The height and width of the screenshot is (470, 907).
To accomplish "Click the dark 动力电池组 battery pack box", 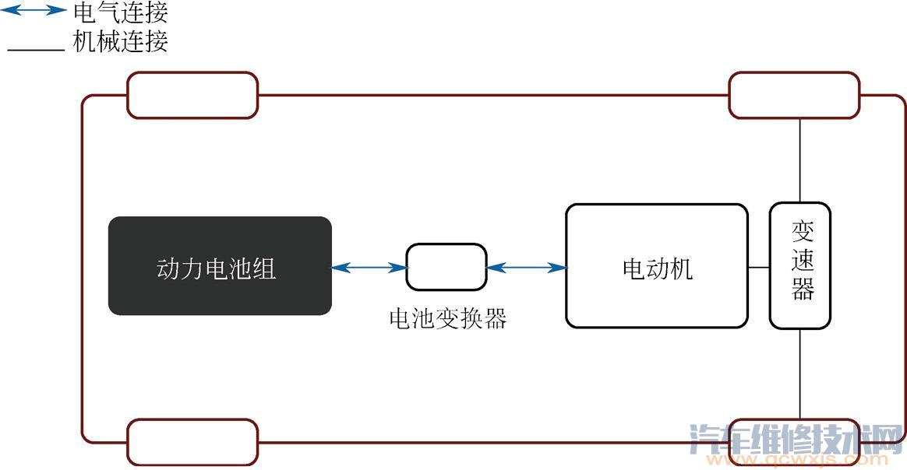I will click(x=220, y=265).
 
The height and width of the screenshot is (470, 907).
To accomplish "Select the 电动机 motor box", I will click(x=656, y=266).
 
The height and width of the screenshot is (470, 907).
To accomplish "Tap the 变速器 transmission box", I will click(x=800, y=265).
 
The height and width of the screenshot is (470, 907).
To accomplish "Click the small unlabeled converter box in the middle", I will click(x=446, y=267).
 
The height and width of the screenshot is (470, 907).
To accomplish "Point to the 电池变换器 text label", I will click(x=447, y=319).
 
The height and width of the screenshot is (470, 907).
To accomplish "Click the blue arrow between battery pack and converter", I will click(x=369, y=268).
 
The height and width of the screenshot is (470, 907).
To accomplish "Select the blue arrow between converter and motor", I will click(x=527, y=268).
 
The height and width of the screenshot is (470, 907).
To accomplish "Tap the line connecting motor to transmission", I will click(x=759, y=267).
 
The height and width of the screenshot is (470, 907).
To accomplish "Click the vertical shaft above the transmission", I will click(x=800, y=160).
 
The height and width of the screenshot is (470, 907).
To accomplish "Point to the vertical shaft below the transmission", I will click(x=800, y=374).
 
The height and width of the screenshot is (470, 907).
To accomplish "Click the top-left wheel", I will click(x=192, y=95).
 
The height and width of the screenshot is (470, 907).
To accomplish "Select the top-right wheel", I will click(x=793, y=95).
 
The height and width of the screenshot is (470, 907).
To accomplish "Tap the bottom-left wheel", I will click(x=192, y=441).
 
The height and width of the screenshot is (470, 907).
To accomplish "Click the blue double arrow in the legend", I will click(x=36, y=11).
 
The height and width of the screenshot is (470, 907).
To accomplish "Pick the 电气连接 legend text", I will click(x=120, y=12).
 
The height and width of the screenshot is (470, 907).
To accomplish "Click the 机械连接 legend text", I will click(x=120, y=40).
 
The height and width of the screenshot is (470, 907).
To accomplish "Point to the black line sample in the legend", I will click(x=36, y=49).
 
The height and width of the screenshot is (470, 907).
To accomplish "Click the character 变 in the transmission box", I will click(x=802, y=231).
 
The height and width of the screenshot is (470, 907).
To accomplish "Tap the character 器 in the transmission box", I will click(x=802, y=289).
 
